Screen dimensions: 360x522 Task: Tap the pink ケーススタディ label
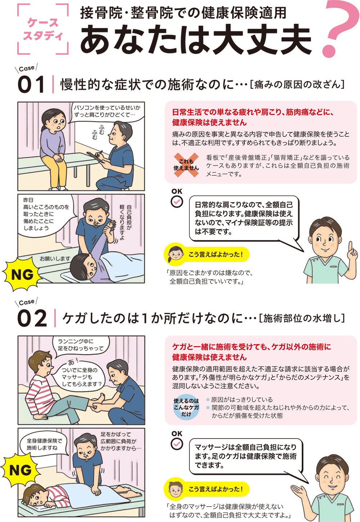pos(43,29)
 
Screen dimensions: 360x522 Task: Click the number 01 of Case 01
pos(31,84)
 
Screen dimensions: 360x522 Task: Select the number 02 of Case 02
pos(32,318)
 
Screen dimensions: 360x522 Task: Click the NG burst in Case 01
pos(22,274)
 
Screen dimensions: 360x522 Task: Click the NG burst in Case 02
pos(21,470)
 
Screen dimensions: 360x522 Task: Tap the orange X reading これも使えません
pos(186,165)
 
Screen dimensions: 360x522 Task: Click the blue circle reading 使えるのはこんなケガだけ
pos(186,407)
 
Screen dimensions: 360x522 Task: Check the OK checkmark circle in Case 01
pos(177,202)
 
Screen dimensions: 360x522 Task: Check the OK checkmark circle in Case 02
pos(177,444)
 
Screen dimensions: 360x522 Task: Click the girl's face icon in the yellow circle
pos(175,254)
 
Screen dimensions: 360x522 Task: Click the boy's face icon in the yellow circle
pos(175,489)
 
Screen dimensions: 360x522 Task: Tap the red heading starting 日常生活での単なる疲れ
pos(253,117)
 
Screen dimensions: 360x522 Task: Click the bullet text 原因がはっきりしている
pos(242,400)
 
